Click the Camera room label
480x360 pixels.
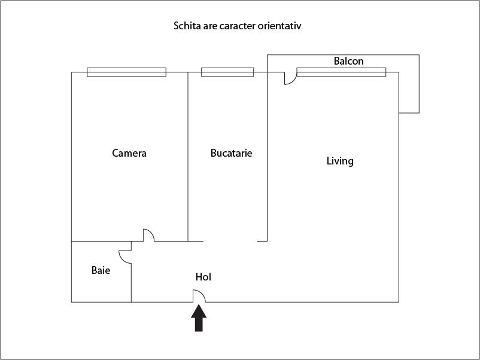point(129,153)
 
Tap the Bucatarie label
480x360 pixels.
point(232,153)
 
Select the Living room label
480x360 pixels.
point(340,161)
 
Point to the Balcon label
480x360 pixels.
point(349,61)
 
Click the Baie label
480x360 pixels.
point(101,270)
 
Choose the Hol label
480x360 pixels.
point(203,277)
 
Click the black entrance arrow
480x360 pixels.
point(199,318)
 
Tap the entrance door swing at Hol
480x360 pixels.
point(199,296)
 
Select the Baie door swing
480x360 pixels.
point(125,257)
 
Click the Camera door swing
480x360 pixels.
point(149,235)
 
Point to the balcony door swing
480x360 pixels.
point(290,78)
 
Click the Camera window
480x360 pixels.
point(126,72)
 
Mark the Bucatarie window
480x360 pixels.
point(227,72)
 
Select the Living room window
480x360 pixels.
point(341,72)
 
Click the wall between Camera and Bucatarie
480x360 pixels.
point(188,157)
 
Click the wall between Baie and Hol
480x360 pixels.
point(131,283)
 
